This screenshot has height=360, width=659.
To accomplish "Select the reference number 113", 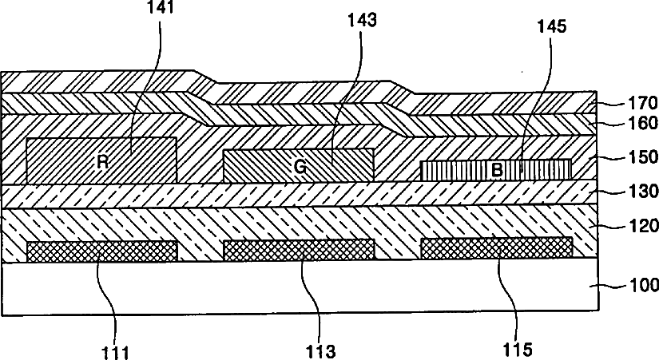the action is pyautogui.click(x=320, y=350).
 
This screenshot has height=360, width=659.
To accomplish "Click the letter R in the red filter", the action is pyautogui.click(x=102, y=161).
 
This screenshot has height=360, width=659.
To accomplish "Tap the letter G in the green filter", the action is pyautogui.click(x=299, y=167).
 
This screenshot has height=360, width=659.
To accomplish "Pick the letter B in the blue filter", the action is pyautogui.click(x=496, y=170).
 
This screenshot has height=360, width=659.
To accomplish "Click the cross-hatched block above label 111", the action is pyautogui.click(x=102, y=251).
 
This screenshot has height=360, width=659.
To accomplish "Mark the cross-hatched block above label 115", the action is pyautogui.click(x=496, y=248).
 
